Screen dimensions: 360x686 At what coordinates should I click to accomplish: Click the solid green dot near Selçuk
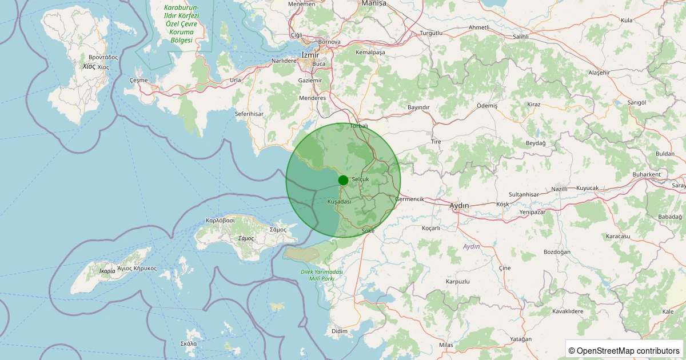[343, 181]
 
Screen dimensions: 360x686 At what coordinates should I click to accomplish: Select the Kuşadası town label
[339, 202]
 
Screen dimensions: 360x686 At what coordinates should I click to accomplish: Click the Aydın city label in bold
[459, 206]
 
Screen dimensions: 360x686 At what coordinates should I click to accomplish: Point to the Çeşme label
[139, 80]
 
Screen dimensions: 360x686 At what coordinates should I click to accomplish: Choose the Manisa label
[374, 3]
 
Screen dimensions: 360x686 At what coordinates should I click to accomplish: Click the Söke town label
[368, 231]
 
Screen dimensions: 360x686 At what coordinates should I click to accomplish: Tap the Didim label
[339, 331]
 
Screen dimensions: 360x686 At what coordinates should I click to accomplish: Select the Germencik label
[409, 199]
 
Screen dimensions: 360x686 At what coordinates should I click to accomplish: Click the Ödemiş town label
[487, 106]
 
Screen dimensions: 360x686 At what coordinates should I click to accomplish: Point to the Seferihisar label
[249, 114]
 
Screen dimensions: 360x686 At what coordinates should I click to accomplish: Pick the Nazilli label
[560, 189]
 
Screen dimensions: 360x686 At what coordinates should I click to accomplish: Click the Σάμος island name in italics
[246, 238]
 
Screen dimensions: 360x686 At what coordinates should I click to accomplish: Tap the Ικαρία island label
[107, 271]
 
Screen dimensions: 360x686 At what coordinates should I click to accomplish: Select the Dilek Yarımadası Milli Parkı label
[321, 275]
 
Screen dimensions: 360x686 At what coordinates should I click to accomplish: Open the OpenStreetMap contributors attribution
[624, 350]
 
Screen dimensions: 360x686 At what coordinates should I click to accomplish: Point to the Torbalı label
[359, 126]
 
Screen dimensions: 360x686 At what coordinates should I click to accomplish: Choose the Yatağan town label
[521, 339]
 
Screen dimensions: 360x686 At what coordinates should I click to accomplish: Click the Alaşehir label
[600, 73]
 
